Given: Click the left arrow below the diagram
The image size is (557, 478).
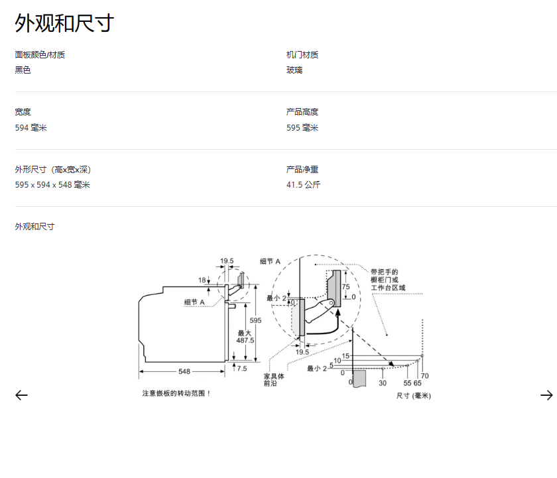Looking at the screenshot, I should click(21, 395).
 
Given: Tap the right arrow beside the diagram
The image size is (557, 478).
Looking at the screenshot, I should click(546, 395).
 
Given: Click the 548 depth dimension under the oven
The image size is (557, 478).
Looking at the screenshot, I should click(184, 371).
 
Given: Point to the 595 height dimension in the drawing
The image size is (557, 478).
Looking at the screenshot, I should click(255, 320).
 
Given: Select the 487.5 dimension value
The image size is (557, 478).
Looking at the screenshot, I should click(245, 340).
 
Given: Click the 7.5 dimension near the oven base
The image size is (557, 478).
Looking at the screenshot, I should click(241, 369).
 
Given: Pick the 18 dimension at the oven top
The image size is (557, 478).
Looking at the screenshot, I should click(202, 280).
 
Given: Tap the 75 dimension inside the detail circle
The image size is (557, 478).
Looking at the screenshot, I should click(345, 287).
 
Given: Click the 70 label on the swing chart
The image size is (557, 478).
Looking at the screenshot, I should click(424, 376).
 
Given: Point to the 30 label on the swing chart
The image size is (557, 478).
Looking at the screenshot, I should click(383, 383).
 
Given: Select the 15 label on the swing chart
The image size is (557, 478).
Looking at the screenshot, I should click(345, 356).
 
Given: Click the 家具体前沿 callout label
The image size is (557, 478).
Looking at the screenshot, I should click(274, 379).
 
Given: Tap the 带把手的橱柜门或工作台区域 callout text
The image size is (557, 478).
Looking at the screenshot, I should click(387, 280).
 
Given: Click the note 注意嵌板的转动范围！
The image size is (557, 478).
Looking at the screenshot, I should click(176, 393).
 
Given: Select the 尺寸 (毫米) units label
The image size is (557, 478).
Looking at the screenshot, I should click(413, 396).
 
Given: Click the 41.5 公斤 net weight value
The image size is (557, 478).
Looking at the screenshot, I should click(303, 185).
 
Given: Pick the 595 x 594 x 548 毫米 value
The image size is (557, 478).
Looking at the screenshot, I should click(52, 185).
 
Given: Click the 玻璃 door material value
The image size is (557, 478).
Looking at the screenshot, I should click(294, 70).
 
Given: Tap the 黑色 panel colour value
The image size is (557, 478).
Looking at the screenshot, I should click(23, 70).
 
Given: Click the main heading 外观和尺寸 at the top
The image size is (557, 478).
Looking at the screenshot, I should click(64, 23).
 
